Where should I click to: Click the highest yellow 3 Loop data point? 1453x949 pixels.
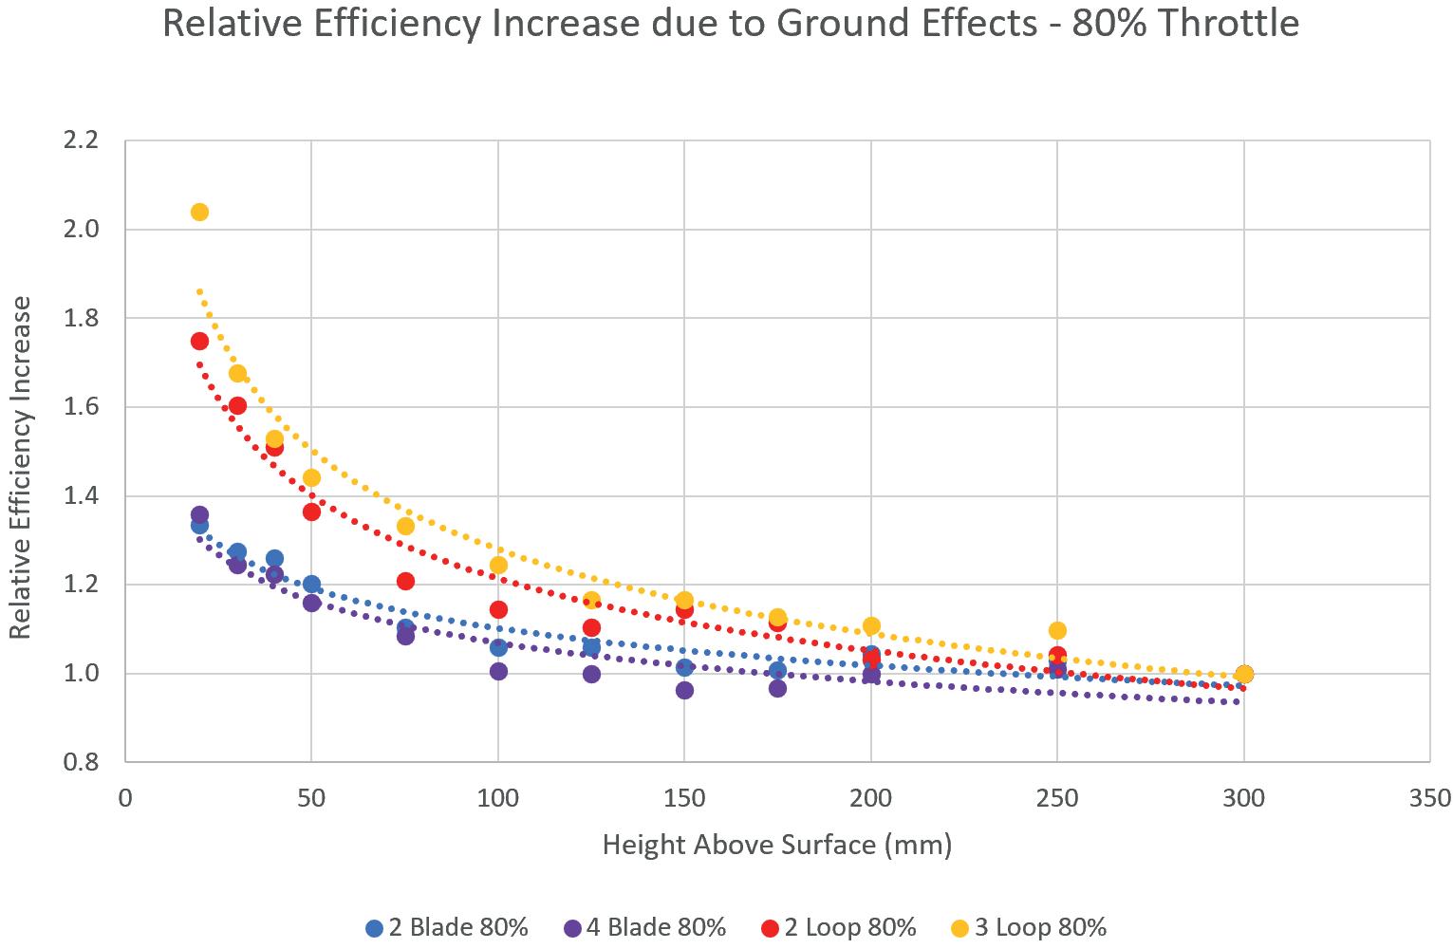[x=199, y=212]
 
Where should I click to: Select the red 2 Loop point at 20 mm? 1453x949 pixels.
[x=199, y=341]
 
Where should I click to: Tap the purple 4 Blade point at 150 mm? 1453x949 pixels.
[x=684, y=690]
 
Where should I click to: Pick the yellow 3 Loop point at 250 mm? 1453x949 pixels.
[x=1057, y=630]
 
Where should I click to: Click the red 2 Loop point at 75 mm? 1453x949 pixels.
[x=405, y=581]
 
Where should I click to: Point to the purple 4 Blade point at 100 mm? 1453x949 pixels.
[x=498, y=671]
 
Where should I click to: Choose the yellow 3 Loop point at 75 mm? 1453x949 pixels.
[x=405, y=526]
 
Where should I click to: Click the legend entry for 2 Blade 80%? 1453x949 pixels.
[x=448, y=927]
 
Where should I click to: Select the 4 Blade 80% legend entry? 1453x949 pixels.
[x=645, y=927]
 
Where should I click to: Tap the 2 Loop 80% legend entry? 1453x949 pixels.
[x=839, y=927]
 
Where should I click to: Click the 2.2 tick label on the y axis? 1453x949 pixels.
[x=80, y=140]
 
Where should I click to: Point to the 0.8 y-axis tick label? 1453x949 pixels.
[x=80, y=762]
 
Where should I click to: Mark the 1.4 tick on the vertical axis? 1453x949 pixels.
[x=80, y=496]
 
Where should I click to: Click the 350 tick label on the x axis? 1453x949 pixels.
[x=1430, y=799]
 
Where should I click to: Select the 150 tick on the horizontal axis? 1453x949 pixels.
[x=684, y=799]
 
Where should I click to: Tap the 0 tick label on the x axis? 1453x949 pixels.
[x=125, y=799]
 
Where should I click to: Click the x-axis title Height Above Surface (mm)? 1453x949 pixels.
[x=776, y=845]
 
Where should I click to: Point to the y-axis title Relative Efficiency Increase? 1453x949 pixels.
[x=21, y=467]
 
